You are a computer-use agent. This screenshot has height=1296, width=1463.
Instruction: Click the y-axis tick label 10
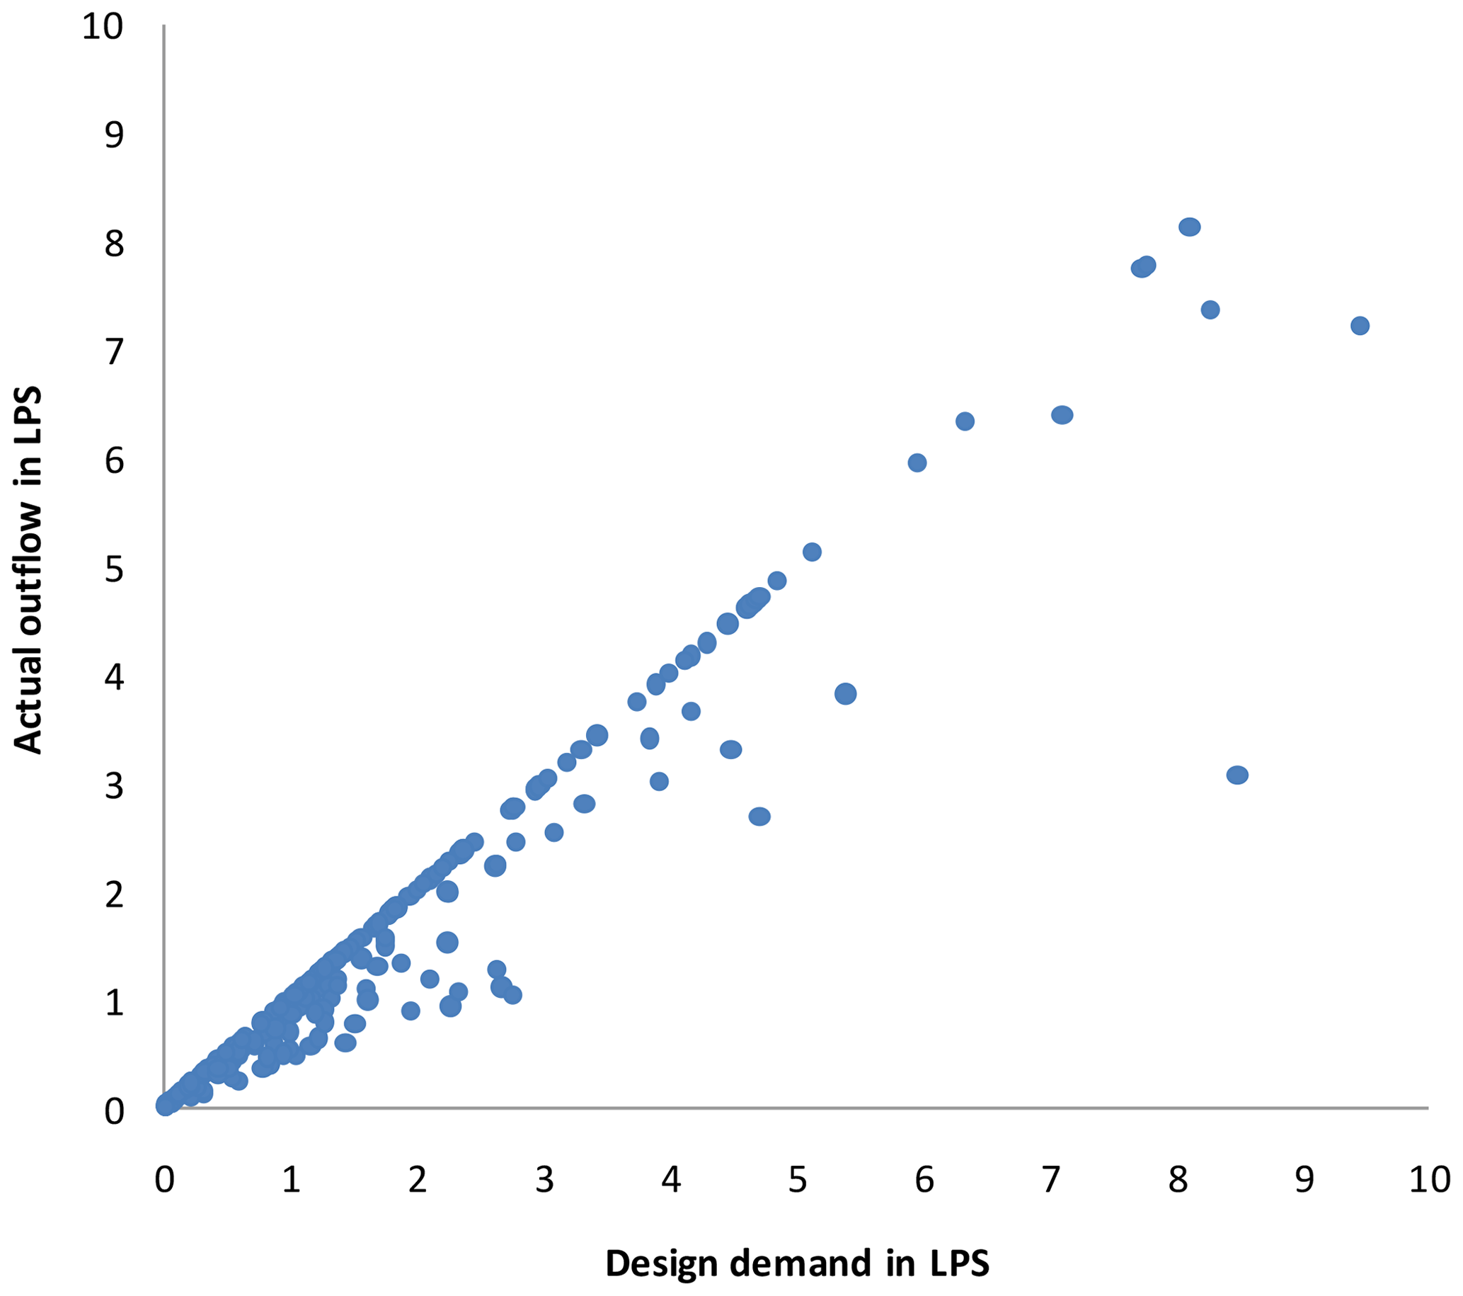[x=103, y=26]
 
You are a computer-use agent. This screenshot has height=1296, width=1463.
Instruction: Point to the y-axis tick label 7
[x=114, y=352]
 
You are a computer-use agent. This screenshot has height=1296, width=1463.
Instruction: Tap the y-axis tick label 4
[x=114, y=676]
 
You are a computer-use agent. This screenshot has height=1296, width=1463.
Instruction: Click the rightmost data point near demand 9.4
[x=1359, y=326]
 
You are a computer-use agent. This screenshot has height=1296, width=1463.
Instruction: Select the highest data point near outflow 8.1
[x=1189, y=227]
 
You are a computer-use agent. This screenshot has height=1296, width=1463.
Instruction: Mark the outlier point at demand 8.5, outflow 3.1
[x=1237, y=775]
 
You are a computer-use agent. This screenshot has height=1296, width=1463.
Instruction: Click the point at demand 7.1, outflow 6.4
[x=1062, y=414]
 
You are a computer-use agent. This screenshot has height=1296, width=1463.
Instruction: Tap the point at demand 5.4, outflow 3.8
[x=845, y=693]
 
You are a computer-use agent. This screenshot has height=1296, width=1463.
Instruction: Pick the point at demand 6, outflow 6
[x=917, y=462]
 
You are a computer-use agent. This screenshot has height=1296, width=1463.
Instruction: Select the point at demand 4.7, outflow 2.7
[x=759, y=817]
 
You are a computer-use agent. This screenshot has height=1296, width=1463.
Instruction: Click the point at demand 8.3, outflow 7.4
[x=1210, y=310]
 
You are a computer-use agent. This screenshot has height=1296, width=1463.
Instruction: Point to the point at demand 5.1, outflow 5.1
[x=812, y=552]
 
